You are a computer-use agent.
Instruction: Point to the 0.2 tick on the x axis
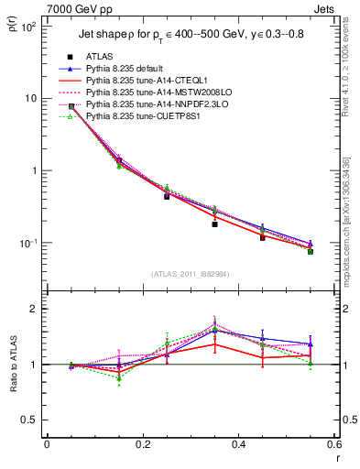[143, 444]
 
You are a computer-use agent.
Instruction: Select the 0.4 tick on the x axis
[239, 444]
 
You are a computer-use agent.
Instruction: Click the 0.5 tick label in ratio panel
[30, 420]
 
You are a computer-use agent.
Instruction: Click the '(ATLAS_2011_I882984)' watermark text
[190, 274]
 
